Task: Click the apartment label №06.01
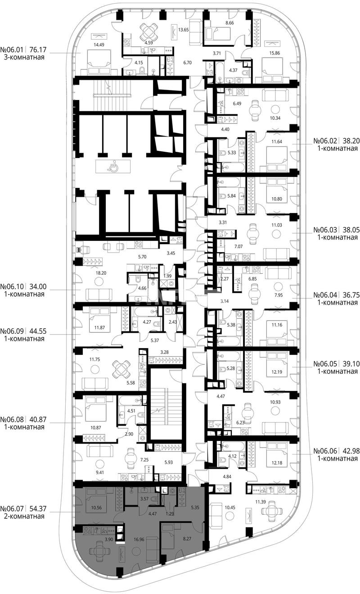(12, 50)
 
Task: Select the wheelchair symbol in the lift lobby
(111, 167)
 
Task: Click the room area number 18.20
(101, 273)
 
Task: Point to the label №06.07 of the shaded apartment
(12, 508)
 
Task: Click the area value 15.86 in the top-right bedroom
(274, 53)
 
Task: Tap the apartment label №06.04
(325, 295)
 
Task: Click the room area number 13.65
(183, 30)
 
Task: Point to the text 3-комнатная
(24, 57)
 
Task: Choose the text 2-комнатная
(24, 516)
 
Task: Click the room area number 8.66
(229, 23)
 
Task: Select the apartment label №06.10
(12, 286)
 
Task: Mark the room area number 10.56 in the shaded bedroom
(96, 508)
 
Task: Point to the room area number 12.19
(276, 372)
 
